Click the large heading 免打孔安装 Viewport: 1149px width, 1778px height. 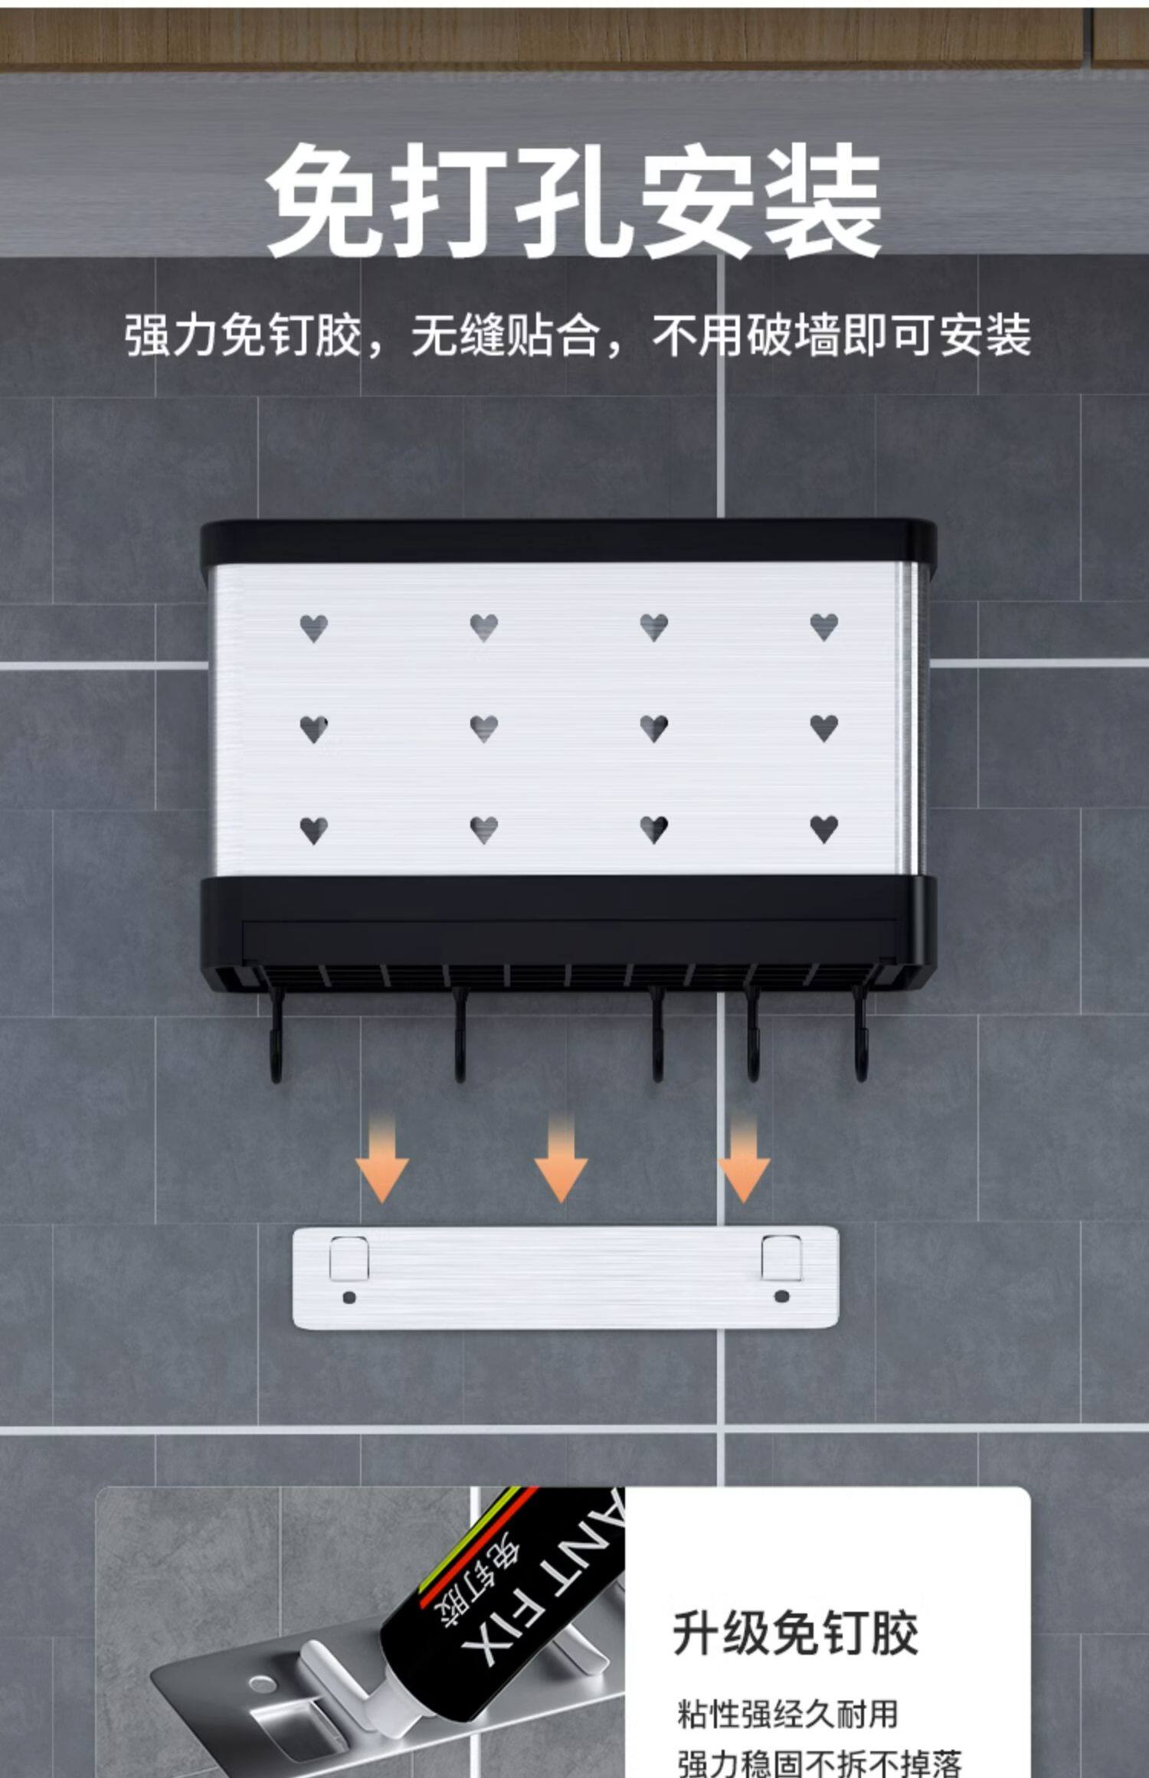[573, 201]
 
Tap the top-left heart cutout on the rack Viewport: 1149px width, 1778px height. [314, 628]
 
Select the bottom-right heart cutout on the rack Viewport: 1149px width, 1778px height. [823, 829]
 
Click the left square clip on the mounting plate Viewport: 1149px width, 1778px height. [349, 1258]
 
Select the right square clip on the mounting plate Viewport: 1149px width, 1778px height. [781, 1258]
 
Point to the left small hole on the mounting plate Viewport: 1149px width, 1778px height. [349, 1297]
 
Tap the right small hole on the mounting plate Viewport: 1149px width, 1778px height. [781, 1296]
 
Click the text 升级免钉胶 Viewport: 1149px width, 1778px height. [795, 1633]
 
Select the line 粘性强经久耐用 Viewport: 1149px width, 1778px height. [787, 1714]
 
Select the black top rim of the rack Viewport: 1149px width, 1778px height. [567, 541]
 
